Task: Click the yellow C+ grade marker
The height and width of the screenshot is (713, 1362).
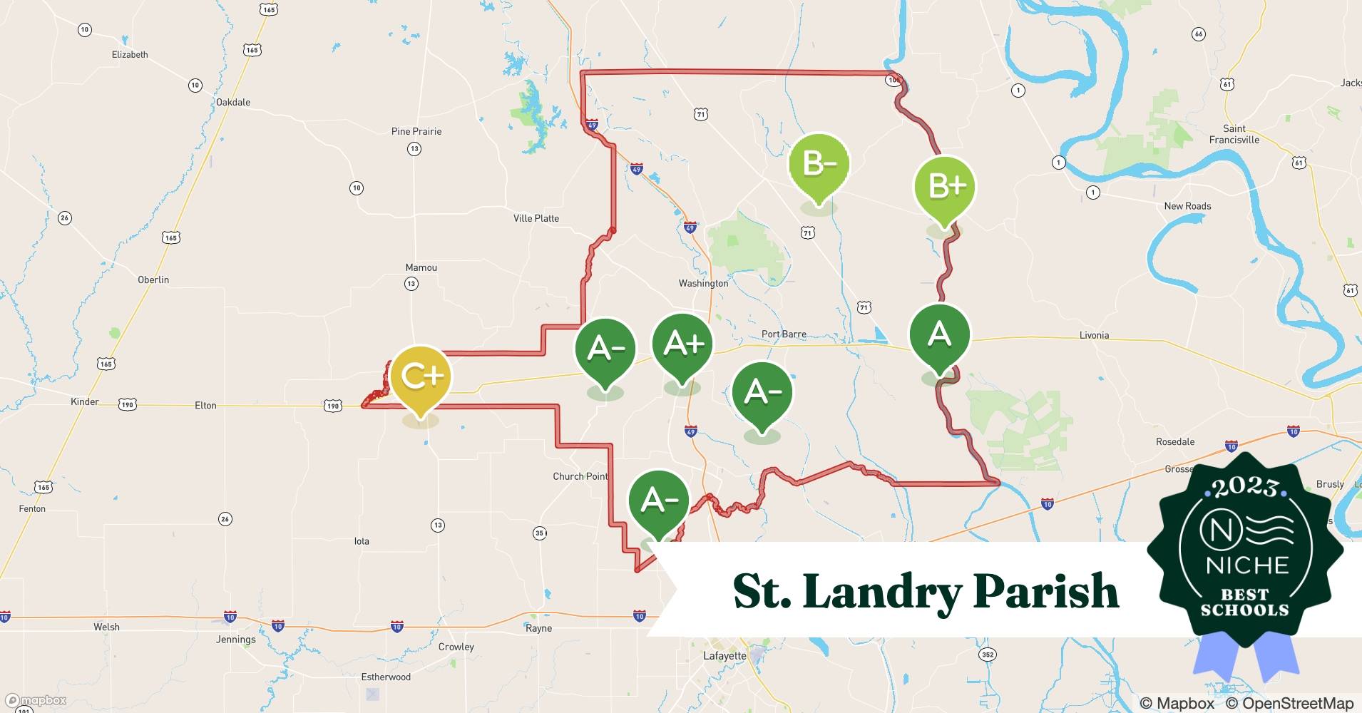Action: [421, 376]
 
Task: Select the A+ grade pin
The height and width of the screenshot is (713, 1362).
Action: [683, 344]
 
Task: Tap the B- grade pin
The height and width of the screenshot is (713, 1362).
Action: [819, 164]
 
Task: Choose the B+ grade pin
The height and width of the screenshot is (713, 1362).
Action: [945, 187]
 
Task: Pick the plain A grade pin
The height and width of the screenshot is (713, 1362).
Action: [939, 334]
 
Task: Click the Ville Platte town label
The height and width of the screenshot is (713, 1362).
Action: [536, 218]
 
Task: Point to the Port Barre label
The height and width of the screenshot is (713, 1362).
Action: [784, 334]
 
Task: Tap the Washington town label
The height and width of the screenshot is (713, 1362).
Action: [703, 283]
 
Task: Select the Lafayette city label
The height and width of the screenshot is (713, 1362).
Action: [724, 656]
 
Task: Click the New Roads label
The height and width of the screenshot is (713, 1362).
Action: [1187, 206]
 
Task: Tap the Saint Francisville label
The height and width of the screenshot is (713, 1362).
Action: [1234, 134]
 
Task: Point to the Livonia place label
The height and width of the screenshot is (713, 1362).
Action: [1094, 335]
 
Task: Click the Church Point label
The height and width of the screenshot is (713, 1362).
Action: [580, 476]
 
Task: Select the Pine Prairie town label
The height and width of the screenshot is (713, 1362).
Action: [416, 131]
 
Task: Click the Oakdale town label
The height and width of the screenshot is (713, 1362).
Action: [233, 102]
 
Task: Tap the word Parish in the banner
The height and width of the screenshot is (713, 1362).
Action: [1046, 592]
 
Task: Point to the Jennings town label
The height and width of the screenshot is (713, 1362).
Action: [235, 640]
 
